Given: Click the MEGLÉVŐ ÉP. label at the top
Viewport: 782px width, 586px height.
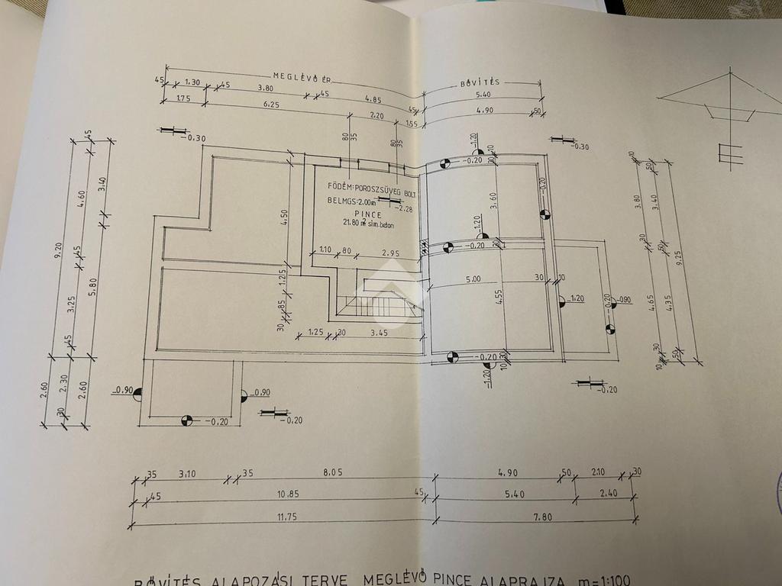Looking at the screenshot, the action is (x=303, y=76).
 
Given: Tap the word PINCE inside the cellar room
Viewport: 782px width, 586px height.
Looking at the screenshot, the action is (x=357, y=214).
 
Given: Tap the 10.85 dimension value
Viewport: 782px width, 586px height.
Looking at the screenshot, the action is (x=288, y=494).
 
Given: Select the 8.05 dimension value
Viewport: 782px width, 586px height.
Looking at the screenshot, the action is (x=332, y=472).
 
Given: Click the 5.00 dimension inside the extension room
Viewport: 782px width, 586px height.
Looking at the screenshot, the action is (x=473, y=280).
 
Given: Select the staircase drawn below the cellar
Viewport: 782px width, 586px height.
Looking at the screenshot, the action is (x=380, y=304).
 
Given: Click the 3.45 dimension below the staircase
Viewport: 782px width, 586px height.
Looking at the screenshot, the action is (x=380, y=333).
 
